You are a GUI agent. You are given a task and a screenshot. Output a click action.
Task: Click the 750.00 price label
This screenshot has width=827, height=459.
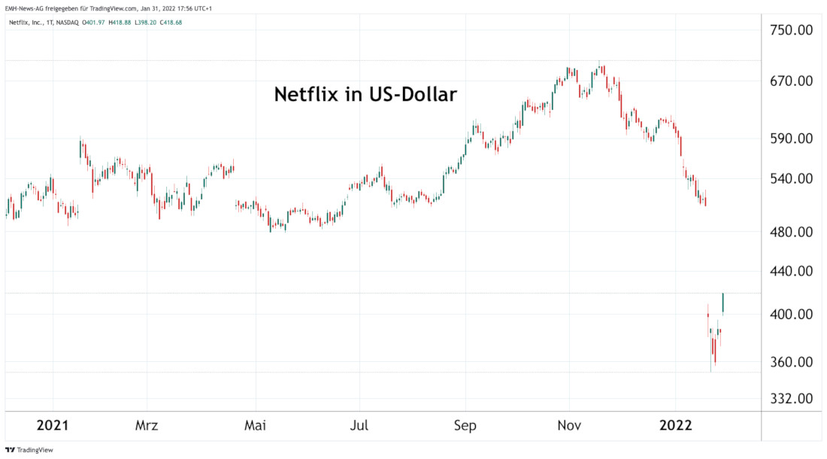792,30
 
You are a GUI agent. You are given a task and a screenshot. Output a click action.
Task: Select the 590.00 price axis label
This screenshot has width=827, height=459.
792,138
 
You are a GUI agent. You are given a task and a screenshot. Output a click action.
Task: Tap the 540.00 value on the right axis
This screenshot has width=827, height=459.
792,179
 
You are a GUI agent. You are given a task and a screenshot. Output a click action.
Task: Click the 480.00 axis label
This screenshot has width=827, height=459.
792,233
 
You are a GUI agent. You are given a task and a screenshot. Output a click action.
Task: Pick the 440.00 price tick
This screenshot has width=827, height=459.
792,271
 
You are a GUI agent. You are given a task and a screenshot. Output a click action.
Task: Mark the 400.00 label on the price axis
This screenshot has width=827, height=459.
792,314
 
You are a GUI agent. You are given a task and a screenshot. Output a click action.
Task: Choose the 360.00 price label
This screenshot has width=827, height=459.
792,362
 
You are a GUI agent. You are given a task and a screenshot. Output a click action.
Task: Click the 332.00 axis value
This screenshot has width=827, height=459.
792,398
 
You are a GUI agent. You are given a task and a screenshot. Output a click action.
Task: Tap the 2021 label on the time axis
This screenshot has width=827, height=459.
53,425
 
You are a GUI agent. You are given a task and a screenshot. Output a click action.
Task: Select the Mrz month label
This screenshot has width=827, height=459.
147,425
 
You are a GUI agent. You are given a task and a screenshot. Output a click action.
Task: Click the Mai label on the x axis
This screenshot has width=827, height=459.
256,425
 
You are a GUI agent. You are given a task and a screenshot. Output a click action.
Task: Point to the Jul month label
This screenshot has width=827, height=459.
359,425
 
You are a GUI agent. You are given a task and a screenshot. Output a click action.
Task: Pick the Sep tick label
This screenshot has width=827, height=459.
465,425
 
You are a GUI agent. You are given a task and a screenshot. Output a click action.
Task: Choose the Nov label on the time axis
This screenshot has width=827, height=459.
569,425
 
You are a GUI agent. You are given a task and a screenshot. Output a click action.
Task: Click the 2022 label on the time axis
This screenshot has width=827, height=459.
675,425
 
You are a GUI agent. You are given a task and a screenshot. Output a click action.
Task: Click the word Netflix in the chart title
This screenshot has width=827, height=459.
303,96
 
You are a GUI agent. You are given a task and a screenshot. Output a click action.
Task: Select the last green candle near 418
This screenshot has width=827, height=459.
722,302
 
